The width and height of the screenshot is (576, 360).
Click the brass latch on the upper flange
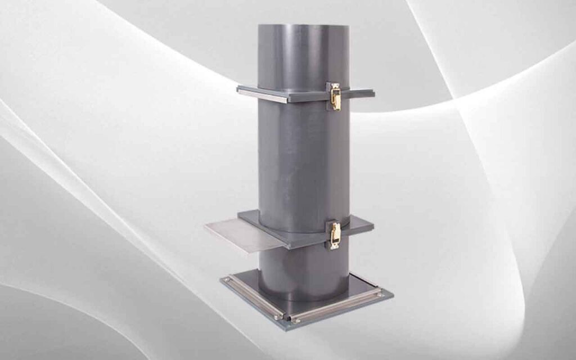(x=335, y=96)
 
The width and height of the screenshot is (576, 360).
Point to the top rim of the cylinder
(x=304, y=25)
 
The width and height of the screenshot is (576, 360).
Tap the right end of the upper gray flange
(x=368, y=92)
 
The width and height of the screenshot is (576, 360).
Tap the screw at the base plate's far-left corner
(x=227, y=279)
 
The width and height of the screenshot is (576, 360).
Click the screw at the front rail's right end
(x=380, y=294)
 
